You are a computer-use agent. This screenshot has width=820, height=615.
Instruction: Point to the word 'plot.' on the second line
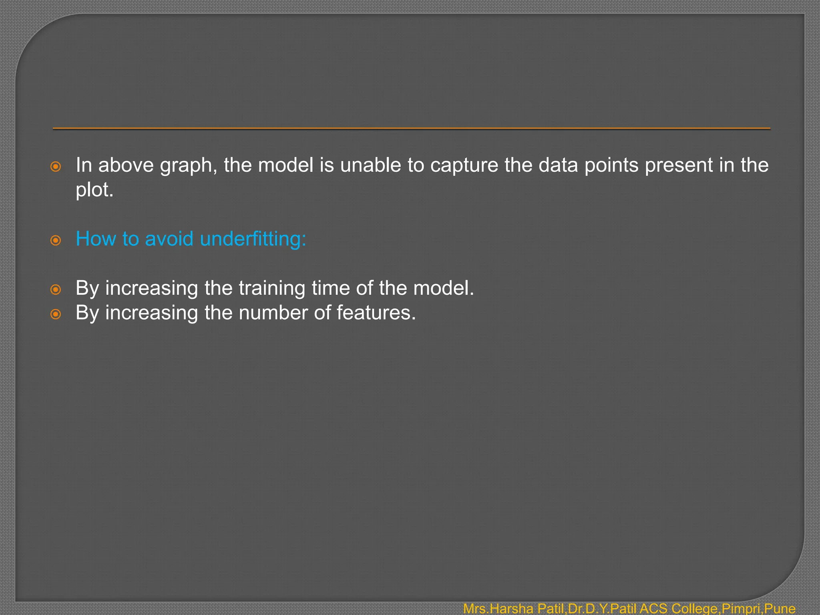[94, 190]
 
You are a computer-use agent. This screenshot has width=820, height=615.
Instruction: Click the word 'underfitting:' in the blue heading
[253, 239]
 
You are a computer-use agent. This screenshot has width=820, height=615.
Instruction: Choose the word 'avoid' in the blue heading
[169, 239]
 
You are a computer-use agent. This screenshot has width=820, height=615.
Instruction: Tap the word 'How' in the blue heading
[96, 239]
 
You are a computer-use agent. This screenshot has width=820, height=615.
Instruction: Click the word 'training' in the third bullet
[272, 288]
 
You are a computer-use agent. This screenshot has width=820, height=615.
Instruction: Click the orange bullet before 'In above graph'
[56, 167]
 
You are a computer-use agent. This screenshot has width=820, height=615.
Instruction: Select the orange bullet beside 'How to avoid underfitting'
[56, 240]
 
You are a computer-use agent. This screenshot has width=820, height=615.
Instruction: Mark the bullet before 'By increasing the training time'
[56, 289]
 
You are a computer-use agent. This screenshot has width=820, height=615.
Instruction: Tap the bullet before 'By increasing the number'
[56, 314]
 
